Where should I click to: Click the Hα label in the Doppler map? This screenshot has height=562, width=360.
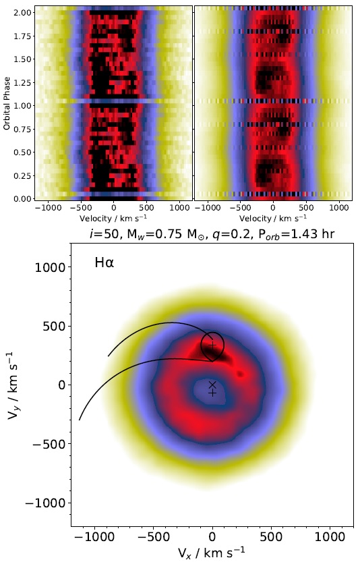104,262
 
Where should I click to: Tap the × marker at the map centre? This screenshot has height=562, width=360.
212,385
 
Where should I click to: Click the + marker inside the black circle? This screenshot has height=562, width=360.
212,344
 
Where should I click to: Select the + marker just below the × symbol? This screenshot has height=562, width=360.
212,393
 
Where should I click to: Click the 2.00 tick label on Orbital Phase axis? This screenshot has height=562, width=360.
22,13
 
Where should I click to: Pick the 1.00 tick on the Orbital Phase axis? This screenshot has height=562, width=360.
22,105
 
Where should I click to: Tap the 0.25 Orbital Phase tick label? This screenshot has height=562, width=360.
22,175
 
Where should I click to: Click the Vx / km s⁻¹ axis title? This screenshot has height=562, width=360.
212,553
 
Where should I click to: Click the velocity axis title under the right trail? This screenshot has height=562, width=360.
273,219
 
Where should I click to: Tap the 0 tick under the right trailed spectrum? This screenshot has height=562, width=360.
273,208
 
